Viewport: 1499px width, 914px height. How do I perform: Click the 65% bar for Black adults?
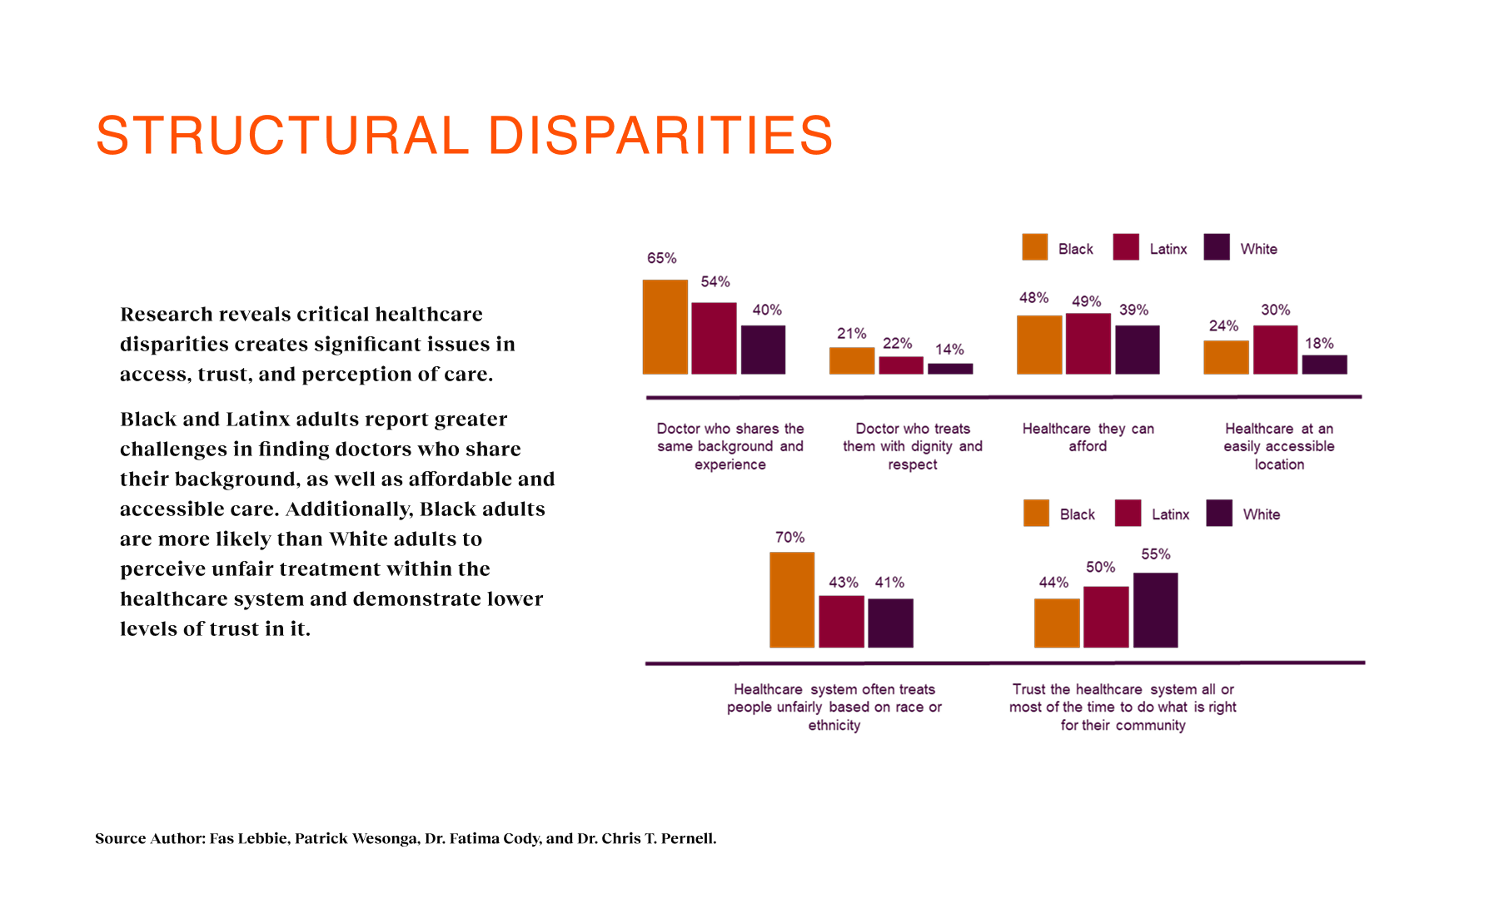click(x=665, y=327)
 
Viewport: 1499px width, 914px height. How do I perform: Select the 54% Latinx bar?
click(x=714, y=338)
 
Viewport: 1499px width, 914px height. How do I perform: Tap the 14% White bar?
click(x=950, y=368)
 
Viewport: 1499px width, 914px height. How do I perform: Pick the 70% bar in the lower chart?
click(x=792, y=599)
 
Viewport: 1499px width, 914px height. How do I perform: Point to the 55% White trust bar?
click(x=1155, y=609)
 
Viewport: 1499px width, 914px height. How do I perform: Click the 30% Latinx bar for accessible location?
click(x=1275, y=350)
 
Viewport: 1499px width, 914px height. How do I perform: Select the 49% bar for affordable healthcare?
click(x=1088, y=343)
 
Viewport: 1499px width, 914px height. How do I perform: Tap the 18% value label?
click(x=1319, y=343)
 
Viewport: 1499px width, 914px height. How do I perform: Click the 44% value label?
click(x=1053, y=583)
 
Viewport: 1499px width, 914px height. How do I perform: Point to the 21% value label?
click(x=852, y=333)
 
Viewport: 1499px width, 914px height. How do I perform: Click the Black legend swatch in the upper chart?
click(x=1034, y=247)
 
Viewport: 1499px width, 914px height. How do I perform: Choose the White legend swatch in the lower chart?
click(x=1219, y=513)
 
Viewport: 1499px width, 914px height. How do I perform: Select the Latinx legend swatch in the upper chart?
click(x=1126, y=247)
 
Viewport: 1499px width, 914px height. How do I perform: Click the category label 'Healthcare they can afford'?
click(x=1088, y=437)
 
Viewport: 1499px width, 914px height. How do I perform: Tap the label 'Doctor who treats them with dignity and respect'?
click(x=913, y=446)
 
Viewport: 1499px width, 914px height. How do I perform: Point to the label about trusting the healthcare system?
click(x=1123, y=707)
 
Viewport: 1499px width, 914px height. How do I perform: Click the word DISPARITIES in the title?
click(x=660, y=136)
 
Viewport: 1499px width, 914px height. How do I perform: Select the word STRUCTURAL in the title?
click(x=283, y=136)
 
